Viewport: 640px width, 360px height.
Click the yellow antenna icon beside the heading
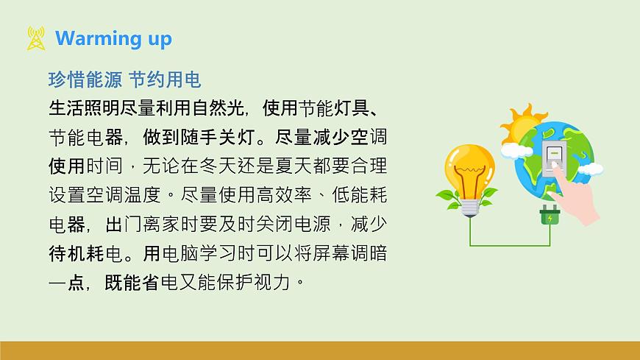pyautogui.click(x=35, y=38)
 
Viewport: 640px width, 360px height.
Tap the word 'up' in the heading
pyautogui.click(x=159, y=39)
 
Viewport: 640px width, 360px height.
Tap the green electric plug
pyautogui.click(x=549, y=214)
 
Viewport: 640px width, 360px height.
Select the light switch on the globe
pyautogui.click(x=553, y=156)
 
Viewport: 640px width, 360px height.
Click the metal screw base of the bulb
pyautogui.click(x=469, y=194)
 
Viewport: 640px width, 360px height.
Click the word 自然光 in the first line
pyautogui.click(x=218, y=108)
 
